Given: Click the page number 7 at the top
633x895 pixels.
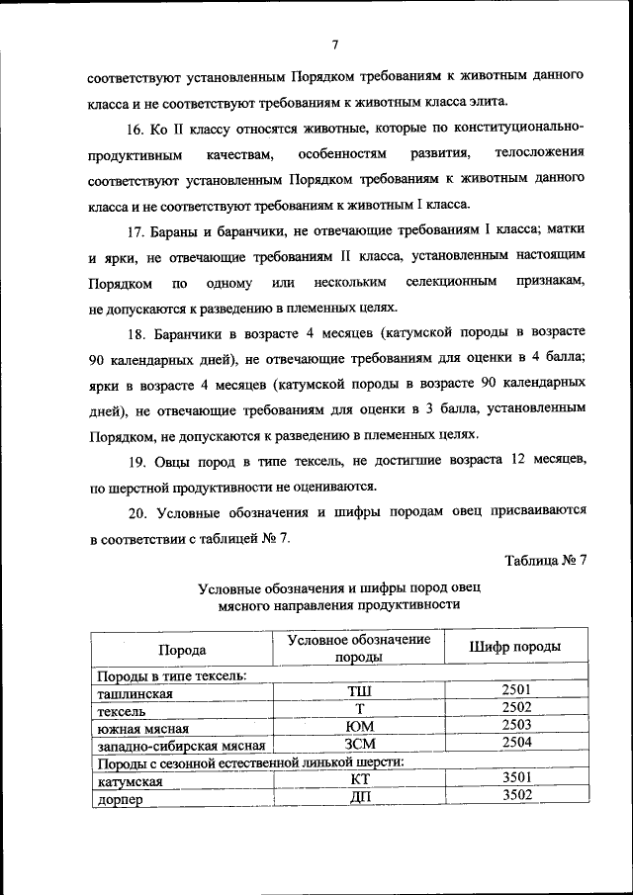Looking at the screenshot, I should point(335,44).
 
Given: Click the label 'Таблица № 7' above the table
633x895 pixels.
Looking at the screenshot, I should point(546,560).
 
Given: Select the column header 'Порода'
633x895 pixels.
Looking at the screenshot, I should point(182,650).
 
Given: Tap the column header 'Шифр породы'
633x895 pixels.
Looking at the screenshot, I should point(515,647).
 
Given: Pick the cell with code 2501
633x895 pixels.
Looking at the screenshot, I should point(516,689).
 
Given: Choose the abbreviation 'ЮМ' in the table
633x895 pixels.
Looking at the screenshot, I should point(359,727).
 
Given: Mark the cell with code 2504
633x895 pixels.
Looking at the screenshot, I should point(516,741).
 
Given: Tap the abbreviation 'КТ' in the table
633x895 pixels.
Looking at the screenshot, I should point(359,779).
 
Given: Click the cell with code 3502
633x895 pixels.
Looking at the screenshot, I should point(516,794).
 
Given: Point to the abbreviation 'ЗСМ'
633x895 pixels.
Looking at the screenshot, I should point(359,744).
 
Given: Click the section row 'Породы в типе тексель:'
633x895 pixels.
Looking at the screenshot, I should point(170,676).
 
